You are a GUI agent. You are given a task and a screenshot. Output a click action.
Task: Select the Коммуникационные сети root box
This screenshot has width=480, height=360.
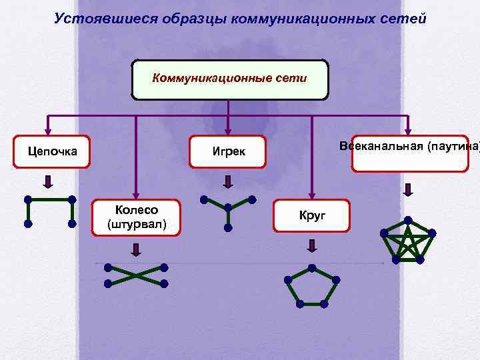[x=230, y=79]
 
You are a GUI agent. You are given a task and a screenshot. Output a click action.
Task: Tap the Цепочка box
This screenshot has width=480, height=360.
[x=52, y=151]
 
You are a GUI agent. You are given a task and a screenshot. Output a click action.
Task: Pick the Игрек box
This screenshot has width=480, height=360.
[x=229, y=151]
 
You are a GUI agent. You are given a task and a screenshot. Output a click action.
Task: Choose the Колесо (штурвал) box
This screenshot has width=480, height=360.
[x=137, y=217]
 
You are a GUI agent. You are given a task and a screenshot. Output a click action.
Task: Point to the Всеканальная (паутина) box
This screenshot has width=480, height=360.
[x=410, y=153]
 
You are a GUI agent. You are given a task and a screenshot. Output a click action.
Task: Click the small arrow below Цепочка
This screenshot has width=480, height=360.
[x=48, y=181]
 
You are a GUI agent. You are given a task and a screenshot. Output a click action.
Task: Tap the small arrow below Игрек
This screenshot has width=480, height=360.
[x=227, y=181]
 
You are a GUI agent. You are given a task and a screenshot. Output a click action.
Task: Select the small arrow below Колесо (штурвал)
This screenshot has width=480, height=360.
[x=136, y=250]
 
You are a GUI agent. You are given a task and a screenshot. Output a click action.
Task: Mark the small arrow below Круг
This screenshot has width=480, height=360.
[x=311, y=245]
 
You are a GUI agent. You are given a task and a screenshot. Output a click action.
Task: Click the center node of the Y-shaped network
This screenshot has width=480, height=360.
[x=227, y=206]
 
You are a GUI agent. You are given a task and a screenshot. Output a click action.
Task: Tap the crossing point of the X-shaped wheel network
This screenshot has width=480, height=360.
[x=135, y=275]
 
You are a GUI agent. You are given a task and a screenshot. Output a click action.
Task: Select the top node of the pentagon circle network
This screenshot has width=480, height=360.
[x=311, y=267]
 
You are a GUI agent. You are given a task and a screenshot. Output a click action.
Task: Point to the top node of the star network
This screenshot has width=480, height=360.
[x=408, y=219]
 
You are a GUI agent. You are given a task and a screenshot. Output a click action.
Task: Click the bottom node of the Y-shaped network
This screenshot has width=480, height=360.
[x=227, y=227]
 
